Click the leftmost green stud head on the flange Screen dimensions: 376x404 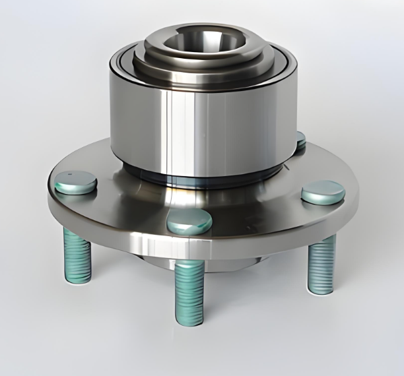[x=75, y=181]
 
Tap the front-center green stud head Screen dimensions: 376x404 [x=189, y=222]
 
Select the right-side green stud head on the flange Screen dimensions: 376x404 [x=323, y=191]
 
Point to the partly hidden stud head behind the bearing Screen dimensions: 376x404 [x=300, y=140]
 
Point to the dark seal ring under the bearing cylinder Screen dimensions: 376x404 [x=198, y=176]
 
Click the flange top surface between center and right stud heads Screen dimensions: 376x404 [x=261, y=208]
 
